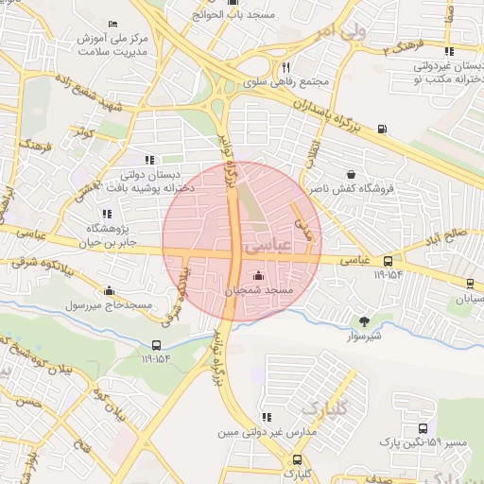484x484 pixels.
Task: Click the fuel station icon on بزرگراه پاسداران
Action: (381, 129)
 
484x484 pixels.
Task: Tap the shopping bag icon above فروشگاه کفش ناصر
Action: (352, 175)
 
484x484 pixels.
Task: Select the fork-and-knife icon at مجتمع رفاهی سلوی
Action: (285, 67)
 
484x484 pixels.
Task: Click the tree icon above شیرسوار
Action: (365, 320)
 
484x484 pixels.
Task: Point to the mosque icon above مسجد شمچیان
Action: (259, 274)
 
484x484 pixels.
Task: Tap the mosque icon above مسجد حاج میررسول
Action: (111, 291)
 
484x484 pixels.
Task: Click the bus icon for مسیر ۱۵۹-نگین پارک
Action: (444, 428)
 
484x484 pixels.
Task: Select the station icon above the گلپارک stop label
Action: (295, 458)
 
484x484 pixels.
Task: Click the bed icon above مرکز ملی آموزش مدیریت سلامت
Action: (113, 24)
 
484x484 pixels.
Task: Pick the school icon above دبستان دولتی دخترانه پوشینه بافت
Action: (148, 160)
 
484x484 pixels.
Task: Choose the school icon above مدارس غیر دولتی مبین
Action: (267, 416)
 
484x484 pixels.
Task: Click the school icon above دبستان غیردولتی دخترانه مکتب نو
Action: (448, 51)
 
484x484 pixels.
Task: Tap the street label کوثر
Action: (87, 135)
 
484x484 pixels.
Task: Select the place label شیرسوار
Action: (363, 336)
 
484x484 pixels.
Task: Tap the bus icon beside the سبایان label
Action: (471, 283)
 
